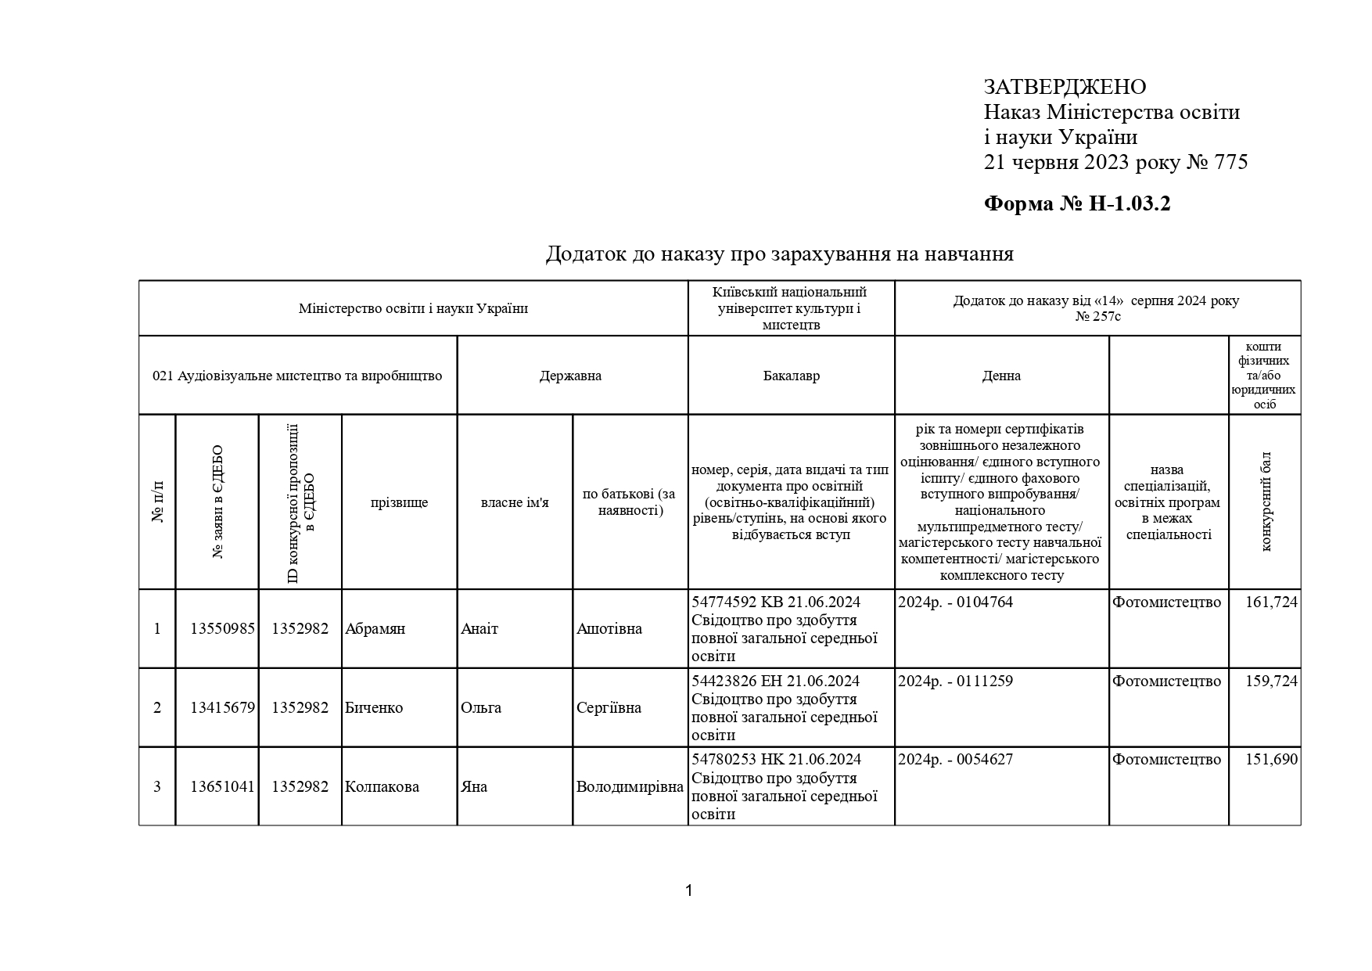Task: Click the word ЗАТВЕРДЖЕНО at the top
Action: tap(1065, 87)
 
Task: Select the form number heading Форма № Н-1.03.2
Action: tap(1076, 204)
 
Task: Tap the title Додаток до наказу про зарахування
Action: tap(779, 254)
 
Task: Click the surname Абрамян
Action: tap(375, 629)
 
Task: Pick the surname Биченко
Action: tap(374, 708)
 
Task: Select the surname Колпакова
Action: tap(382, 787)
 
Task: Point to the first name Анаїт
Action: tap(479, 629)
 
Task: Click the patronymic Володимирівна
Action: tap(630, 787)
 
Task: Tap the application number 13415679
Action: tap(222, 708)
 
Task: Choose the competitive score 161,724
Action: tap(1271, 602)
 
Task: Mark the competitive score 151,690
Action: tap(1271, 760)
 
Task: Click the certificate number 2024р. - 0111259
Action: tap(955, 681)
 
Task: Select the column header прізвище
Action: tap(399, 502)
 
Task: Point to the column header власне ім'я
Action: tap(515, 502)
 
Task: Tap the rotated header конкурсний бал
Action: tap(1266, 502)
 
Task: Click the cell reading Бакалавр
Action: tap(791, 376)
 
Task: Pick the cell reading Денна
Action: tap(1001, 376)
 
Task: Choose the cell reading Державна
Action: tap(570, 376)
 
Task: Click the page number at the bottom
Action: tap(688, 890)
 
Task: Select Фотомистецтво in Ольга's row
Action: tap(1166, 681)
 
